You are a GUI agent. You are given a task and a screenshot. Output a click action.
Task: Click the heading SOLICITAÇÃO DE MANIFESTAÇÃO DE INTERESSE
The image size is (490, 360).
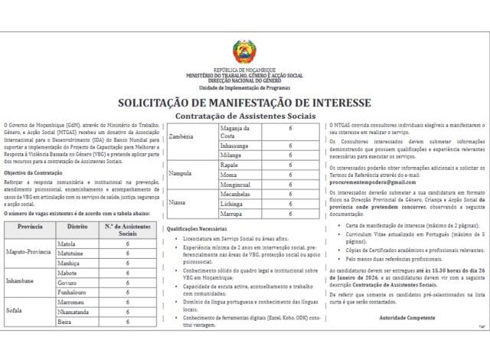pos(244,102)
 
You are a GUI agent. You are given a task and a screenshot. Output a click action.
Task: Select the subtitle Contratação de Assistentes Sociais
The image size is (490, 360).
pos(244,115)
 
